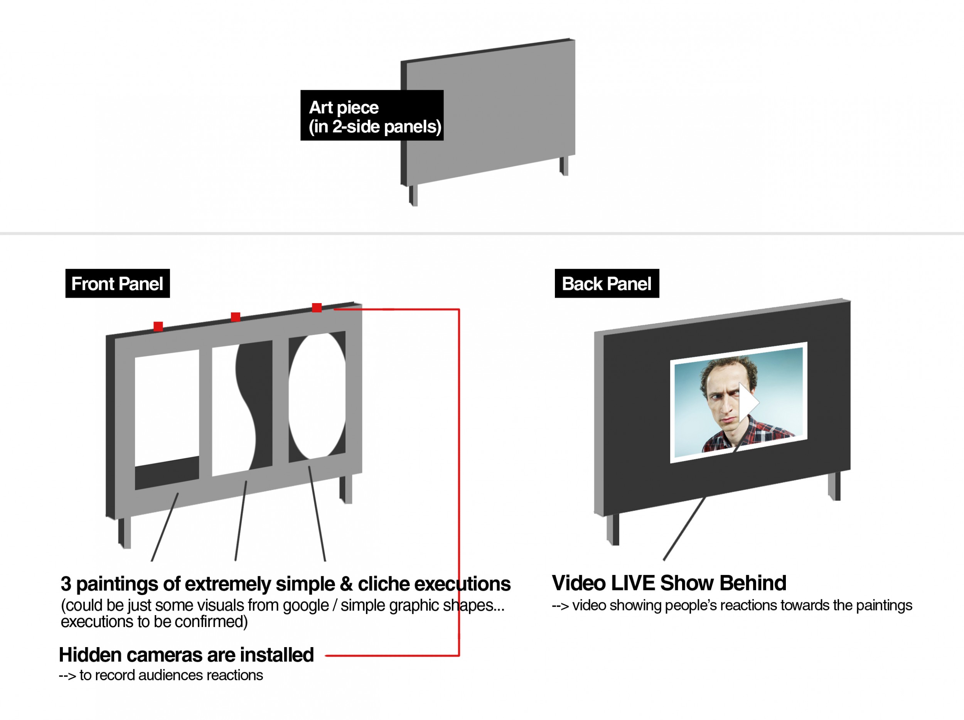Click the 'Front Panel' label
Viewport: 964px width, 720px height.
tap(117, 283)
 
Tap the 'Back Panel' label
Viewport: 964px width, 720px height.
tap(607, 283)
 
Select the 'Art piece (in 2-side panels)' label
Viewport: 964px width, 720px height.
tap(372, 115)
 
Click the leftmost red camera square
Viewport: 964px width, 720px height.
tap(158, 326)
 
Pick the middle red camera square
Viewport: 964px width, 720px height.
tap(235, 317)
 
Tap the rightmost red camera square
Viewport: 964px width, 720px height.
tap(317, 308)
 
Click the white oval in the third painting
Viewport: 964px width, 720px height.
tap(317, 396)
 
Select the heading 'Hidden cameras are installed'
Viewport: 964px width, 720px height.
tap(186, 654)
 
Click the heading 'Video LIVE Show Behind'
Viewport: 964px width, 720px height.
tap(669, 583)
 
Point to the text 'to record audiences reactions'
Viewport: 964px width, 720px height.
tap(171, 675)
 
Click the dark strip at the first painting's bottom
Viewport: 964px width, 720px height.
tap(167, 473)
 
